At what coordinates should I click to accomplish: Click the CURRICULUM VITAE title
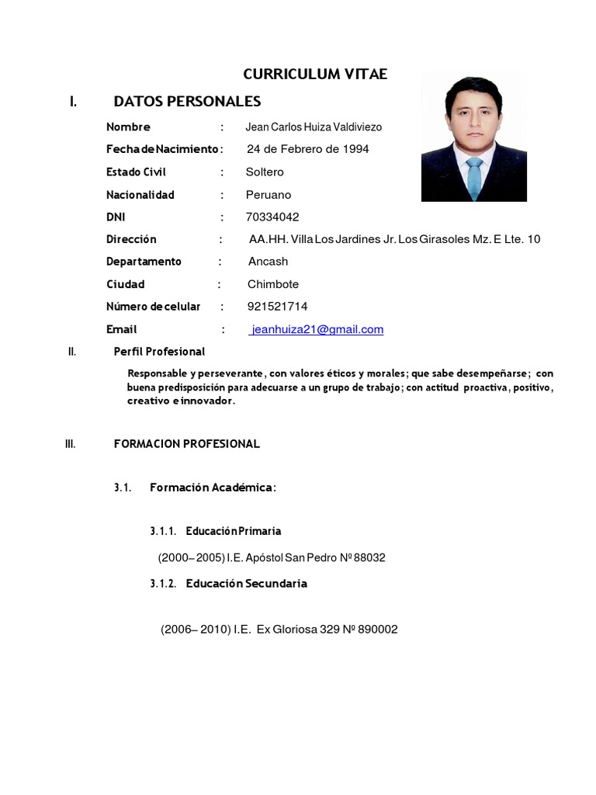tap(314, 75)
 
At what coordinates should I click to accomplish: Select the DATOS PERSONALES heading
tap(187, 102)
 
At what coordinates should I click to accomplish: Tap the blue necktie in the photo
tap(473, 177)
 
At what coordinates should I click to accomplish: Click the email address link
tap(317, 329)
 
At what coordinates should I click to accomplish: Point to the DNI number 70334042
tap(272, 217)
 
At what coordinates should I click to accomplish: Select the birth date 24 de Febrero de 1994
tap(308, 149)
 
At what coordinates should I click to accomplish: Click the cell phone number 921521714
tap(277, 307)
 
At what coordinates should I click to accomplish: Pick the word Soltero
tap(265, 172)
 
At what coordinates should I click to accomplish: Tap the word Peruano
tap(269, 195)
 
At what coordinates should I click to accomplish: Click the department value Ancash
tap(268, 262)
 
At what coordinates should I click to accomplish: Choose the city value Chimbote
tap(273, 284)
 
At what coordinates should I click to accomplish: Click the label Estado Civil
tap(136, 172)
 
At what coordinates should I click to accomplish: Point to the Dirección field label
tap(131, 239)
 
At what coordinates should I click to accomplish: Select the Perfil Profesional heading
tap(159, 352)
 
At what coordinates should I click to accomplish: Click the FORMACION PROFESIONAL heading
tap(186, 444)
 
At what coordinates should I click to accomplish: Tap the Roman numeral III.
tap(70, 444)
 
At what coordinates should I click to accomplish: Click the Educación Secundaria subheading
tap(246, 584)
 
